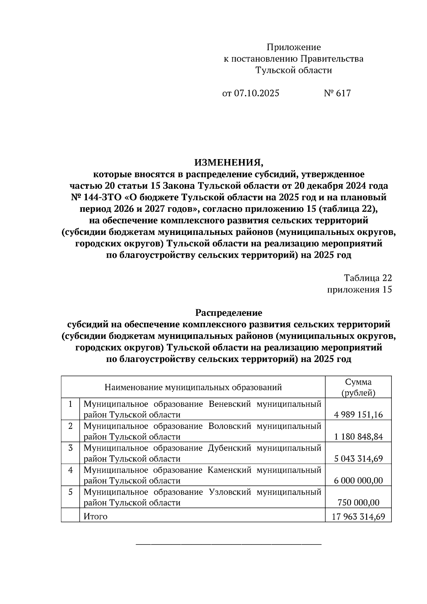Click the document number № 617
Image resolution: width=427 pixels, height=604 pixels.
coord(337,93)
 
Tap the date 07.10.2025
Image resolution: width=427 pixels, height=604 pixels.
coord(256,93)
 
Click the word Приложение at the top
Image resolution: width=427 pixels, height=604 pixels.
coord(294,47)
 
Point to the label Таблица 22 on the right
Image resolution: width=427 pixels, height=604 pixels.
coord(368,278)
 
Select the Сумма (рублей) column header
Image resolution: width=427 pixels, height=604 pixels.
coord(358,387)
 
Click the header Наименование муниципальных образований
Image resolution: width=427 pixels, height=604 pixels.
coord(193,387)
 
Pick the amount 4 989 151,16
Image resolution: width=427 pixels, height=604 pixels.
coord(358,415)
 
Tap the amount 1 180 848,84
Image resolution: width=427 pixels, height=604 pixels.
coord(358,437)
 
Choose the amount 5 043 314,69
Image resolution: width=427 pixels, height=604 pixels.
coord(358,459)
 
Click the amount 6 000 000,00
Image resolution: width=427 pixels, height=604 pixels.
coord(358,481)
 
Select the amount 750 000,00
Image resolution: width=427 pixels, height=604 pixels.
coord(358,503)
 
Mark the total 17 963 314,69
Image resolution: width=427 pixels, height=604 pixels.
coord(358,516)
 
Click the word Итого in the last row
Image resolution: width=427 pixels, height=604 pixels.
coord(95,516)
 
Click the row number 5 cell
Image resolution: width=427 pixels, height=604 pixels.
coord(70,492)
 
